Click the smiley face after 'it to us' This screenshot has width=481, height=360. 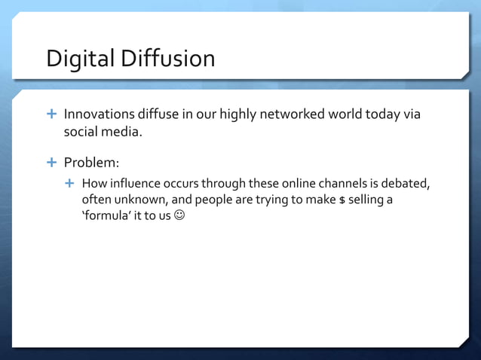pos(176,217)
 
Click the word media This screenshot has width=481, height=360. pos(121,133)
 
